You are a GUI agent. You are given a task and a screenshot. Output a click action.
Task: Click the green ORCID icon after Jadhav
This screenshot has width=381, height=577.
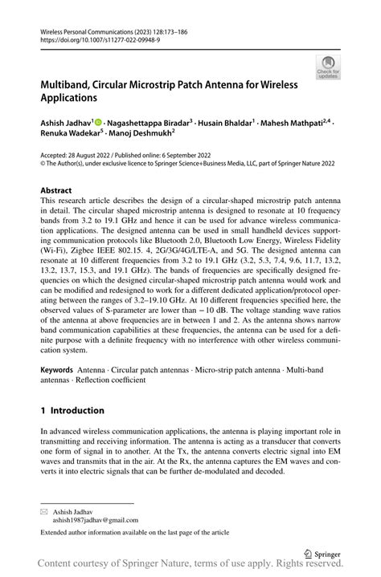pos(98,123)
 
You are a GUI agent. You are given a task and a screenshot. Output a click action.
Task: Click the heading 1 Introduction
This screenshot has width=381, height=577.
pos(72,410)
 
